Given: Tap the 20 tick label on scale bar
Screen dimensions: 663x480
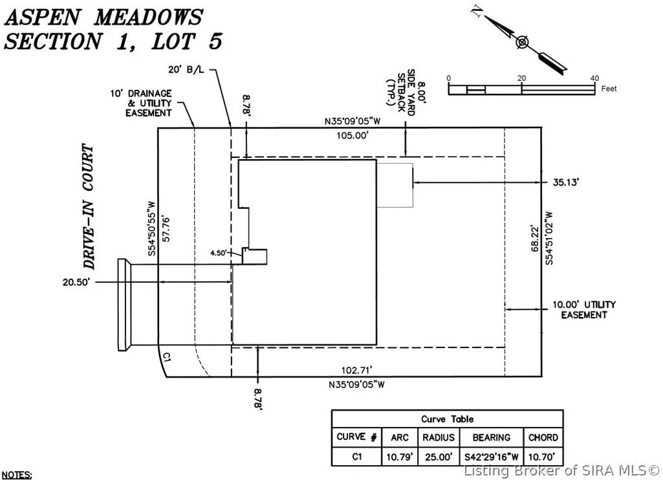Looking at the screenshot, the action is point(521,78).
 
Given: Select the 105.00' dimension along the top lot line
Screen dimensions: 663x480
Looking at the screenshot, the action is point(353,135).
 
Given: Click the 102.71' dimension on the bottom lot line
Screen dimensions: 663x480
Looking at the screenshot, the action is point(357,371).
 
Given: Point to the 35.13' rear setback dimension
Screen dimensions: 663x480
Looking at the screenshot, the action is point(566,182).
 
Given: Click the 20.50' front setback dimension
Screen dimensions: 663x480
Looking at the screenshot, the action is point(76,282).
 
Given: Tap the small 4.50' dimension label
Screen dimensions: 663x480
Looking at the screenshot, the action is point(219,253).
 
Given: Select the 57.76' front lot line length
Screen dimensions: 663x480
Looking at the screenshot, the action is point(166,230).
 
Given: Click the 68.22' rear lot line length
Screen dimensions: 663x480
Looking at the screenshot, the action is point(536,239).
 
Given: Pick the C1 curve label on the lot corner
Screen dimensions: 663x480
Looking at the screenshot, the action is point(167,357).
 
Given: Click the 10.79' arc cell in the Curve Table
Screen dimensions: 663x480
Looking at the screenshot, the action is point(399,457).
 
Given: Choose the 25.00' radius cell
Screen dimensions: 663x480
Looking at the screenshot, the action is point(439,457).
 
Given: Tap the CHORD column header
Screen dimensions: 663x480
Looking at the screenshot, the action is point(543,437).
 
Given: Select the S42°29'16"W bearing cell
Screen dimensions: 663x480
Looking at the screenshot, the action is point(492,457).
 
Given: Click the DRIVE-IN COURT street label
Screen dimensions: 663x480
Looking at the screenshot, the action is point(89,207).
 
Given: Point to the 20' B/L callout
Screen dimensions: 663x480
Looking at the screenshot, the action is point(186,70).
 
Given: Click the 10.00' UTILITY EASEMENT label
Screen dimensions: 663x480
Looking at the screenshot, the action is point(584,310).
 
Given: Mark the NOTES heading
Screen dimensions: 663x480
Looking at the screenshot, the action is point(16,475).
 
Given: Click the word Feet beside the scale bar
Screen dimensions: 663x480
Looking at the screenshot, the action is point(609,89).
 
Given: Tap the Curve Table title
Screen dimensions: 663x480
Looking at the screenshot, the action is point(447,419).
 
